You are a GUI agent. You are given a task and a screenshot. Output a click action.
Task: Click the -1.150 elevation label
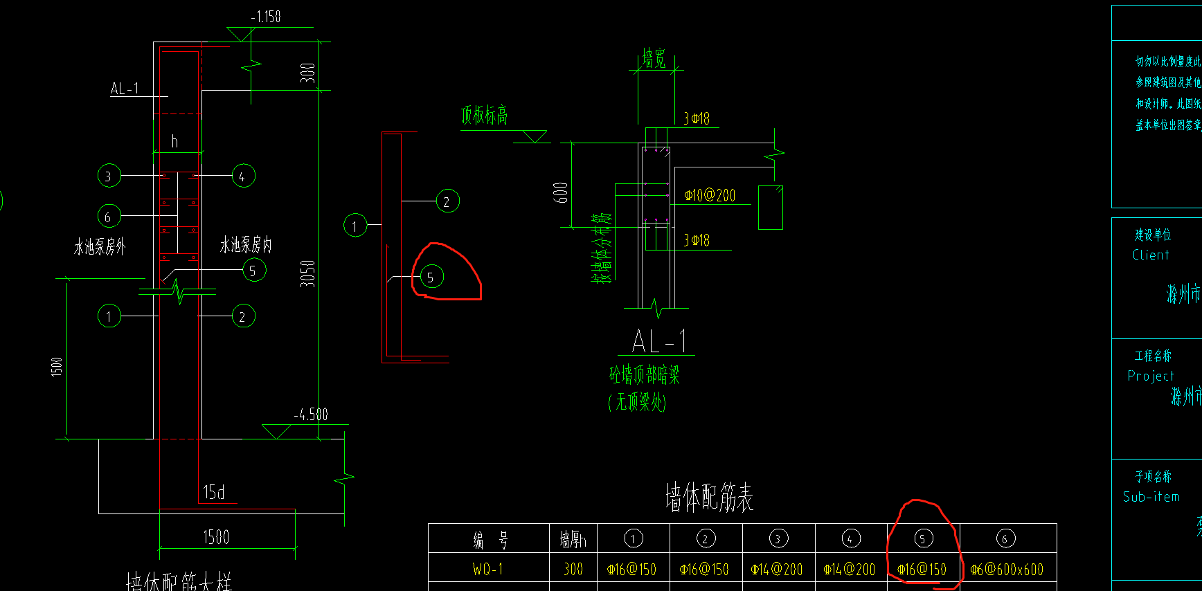click(266, 17)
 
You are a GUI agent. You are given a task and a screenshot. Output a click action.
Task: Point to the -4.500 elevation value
click(311, 415)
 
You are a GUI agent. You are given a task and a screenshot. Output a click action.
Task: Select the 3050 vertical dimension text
click(307, 273)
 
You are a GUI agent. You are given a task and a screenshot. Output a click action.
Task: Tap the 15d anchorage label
click(214, 492)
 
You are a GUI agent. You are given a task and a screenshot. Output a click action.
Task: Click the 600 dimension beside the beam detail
click(561, 192)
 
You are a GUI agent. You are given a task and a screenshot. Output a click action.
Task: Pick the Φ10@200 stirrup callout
click(710, 196)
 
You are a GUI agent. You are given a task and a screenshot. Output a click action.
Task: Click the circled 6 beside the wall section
click(109, 217)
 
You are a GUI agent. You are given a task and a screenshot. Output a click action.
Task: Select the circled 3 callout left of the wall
click(109, 176)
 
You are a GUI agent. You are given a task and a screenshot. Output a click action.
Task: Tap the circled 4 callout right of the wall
click(243, 176)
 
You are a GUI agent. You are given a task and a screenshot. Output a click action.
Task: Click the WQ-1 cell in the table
click(488, 569)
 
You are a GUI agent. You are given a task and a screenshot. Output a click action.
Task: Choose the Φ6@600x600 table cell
click(1007, 570)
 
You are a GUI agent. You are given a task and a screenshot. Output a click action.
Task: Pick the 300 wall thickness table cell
click(573, 569)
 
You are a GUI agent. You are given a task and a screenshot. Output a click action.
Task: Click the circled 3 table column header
click(778, 538)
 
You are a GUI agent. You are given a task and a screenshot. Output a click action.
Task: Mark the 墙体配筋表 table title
click(709, 497)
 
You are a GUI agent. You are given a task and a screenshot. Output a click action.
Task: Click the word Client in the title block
click(1151, 255)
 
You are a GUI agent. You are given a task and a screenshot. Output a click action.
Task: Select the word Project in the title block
click(1151, 376)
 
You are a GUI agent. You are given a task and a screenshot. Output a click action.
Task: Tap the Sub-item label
click(1151, 497)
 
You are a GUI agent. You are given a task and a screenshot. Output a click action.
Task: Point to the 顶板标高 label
click(484, 115)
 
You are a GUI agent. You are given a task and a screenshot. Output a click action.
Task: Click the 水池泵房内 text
click(246, 244)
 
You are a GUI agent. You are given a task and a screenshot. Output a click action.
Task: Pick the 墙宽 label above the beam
click(654, 58)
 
